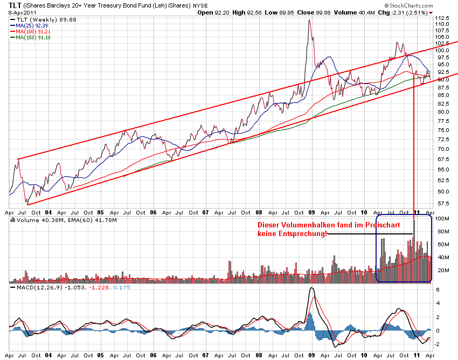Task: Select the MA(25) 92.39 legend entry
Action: pos(32,25)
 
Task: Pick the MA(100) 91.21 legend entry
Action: pos(33,32)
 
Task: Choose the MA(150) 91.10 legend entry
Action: pos(33,38)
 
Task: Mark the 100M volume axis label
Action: pos(443,219)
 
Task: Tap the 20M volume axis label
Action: pos(442,270)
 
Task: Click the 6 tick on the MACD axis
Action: pos(438,290)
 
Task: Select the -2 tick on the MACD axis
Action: pos(439,344)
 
